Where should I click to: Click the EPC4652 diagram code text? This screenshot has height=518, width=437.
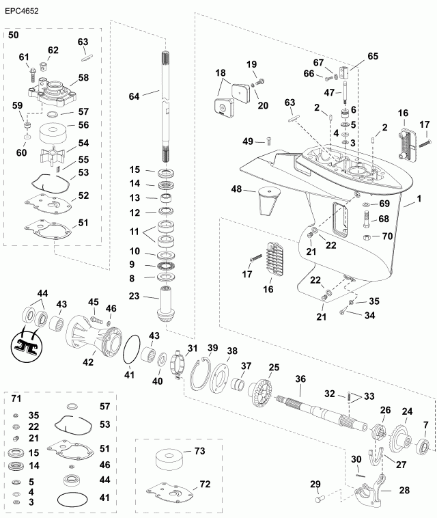coord(23,11)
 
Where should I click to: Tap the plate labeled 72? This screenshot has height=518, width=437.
coord(171,491)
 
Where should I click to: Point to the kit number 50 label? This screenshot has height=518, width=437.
coord(14,34)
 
